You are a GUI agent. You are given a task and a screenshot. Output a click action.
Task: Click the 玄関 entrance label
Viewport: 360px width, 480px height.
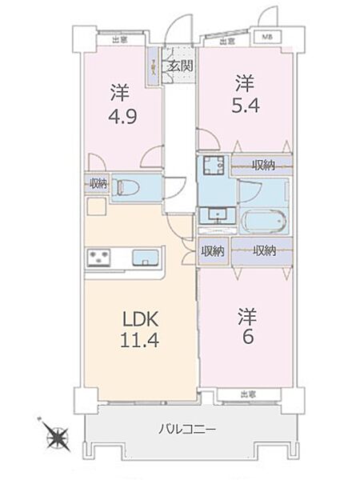(x=180, y=67)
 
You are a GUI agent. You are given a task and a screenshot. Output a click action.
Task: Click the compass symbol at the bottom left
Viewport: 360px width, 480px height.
(x=58, y=437)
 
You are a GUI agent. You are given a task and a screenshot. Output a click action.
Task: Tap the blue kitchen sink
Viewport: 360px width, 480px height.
(x=144, y=257)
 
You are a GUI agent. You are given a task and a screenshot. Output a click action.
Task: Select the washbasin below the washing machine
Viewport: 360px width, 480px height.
(x=214, y=214)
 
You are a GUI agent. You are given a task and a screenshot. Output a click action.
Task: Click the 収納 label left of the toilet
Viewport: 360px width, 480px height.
(x=98, y=184)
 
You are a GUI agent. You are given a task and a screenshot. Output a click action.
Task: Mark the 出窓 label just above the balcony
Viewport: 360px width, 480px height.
(x=248, y=394)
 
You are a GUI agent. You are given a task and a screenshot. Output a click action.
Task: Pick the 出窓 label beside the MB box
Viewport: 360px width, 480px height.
(x=226, y=40)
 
